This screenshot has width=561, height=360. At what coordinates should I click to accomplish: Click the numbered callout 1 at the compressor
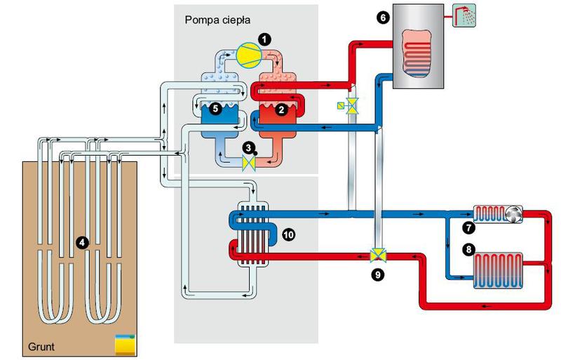tap(264, 39)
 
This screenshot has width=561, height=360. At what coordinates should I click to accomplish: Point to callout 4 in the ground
tap(82, 242)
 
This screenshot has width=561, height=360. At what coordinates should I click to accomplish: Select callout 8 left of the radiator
tap(468, 248)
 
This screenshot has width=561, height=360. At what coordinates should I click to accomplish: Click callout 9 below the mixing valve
tap(379, 274)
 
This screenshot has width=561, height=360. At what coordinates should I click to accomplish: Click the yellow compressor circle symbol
tap(247, 55)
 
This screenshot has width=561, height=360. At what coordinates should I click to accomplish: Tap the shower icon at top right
tap(463, 15)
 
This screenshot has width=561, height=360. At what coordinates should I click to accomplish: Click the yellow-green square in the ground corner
tap(124, 343)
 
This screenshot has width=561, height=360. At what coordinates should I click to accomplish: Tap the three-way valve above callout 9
tap(379, 255)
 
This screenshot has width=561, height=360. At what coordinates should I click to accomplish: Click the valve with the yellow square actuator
tap(349, 106)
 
